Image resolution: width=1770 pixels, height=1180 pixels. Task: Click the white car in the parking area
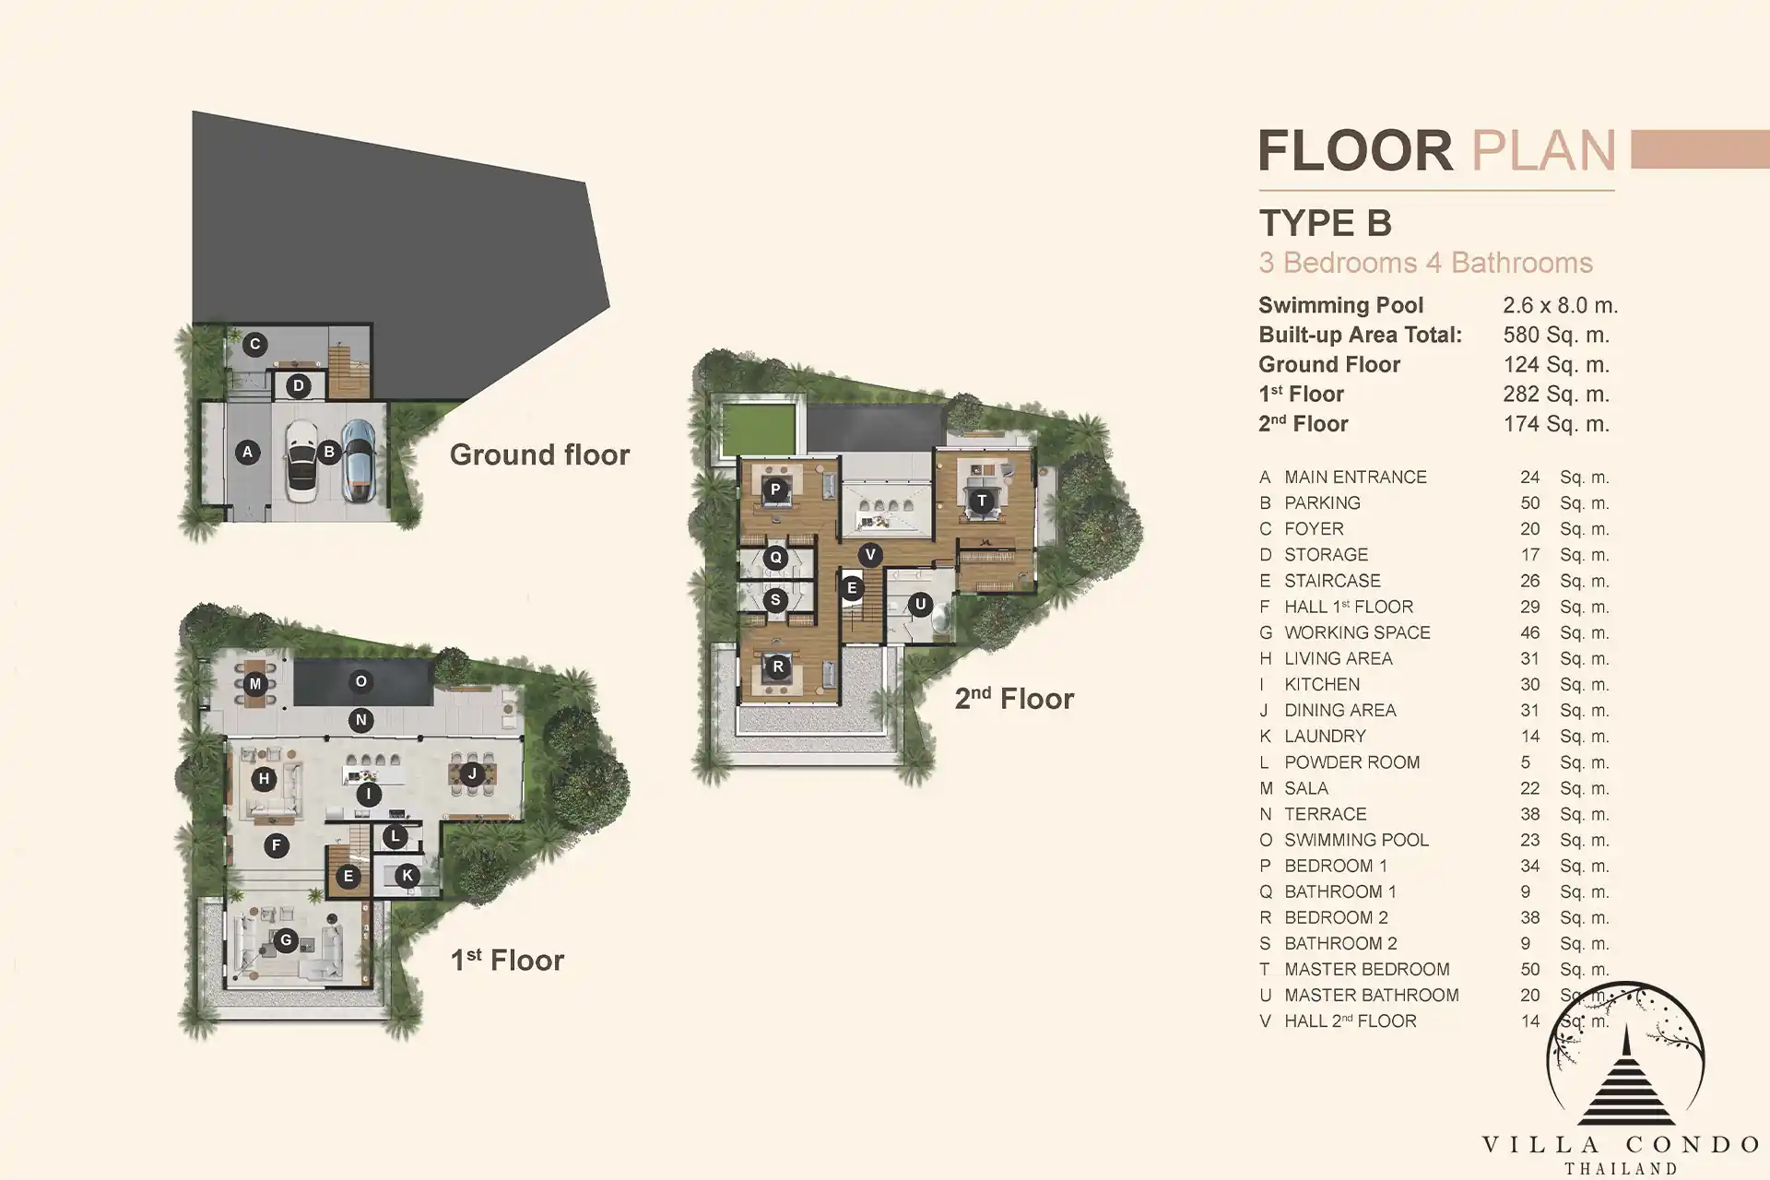pyautogui.click(x=301, y=460)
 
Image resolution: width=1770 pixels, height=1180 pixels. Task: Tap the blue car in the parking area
pyautogui.click(x=359, y=460)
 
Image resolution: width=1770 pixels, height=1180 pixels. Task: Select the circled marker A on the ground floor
pyautogui.click(x=246, y=452)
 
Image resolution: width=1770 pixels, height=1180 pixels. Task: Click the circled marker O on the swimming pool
pyautogui.click(x=360, y=681)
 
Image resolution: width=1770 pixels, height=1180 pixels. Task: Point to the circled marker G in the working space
pyautogui.click(x=286, y=940)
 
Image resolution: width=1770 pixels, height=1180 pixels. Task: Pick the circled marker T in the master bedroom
pyautogui.click(x=982, y=501)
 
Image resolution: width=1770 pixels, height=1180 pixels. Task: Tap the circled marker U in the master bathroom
pyautogui.click(x=920, y=605)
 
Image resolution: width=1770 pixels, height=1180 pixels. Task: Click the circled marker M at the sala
pyautogui.click(x=255, y=684)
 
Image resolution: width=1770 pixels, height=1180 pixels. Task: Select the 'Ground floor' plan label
pyautogui.click(x=539, y=454)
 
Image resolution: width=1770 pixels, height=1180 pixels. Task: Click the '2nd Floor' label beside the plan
pyautogui.click(x=1014, y=698)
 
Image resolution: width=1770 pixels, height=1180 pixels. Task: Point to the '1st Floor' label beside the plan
pyautogui.click(x=507, y=960)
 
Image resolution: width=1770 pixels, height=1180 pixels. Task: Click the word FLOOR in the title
pyautogui.click(x=1356, y=151)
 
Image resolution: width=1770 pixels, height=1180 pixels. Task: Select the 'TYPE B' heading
pyautogui.click(x=1326, y=223)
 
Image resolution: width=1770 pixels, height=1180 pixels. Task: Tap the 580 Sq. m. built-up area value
pyautogui.click(x=1556, y=335)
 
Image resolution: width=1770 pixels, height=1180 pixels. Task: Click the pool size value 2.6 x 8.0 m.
pyautogui.click(x=1560, y=305)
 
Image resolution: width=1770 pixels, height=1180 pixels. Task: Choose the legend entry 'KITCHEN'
pyautogui.click(x=1322, y=684)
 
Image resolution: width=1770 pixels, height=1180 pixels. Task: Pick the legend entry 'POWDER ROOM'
pyautogui.click(x=1352, y=762)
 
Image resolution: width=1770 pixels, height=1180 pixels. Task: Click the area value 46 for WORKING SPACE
pyautogui.click(x=1530, y=632)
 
